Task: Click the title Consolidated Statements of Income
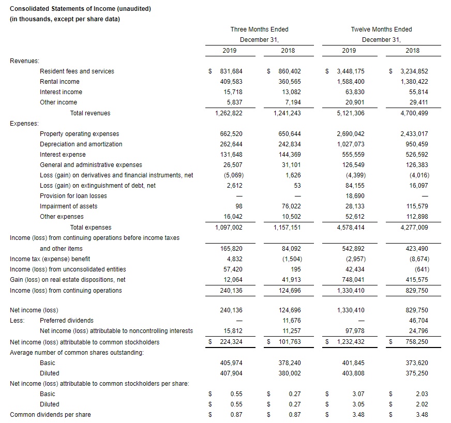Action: (80, 9)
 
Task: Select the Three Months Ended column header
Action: (259, 29)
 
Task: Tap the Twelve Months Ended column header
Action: (381, 29)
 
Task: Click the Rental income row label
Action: (59, 82)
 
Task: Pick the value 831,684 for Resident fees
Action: (232, 71)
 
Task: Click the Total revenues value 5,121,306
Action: (351, 113)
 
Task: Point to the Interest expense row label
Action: (63, 155)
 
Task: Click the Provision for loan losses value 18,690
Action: (354, 196)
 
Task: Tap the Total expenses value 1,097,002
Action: (228, 227)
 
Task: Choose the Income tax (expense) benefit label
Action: (50, 259)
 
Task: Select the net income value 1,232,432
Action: (351, 342)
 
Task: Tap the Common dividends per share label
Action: (50, 415)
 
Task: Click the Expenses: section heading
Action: (24, 124)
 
